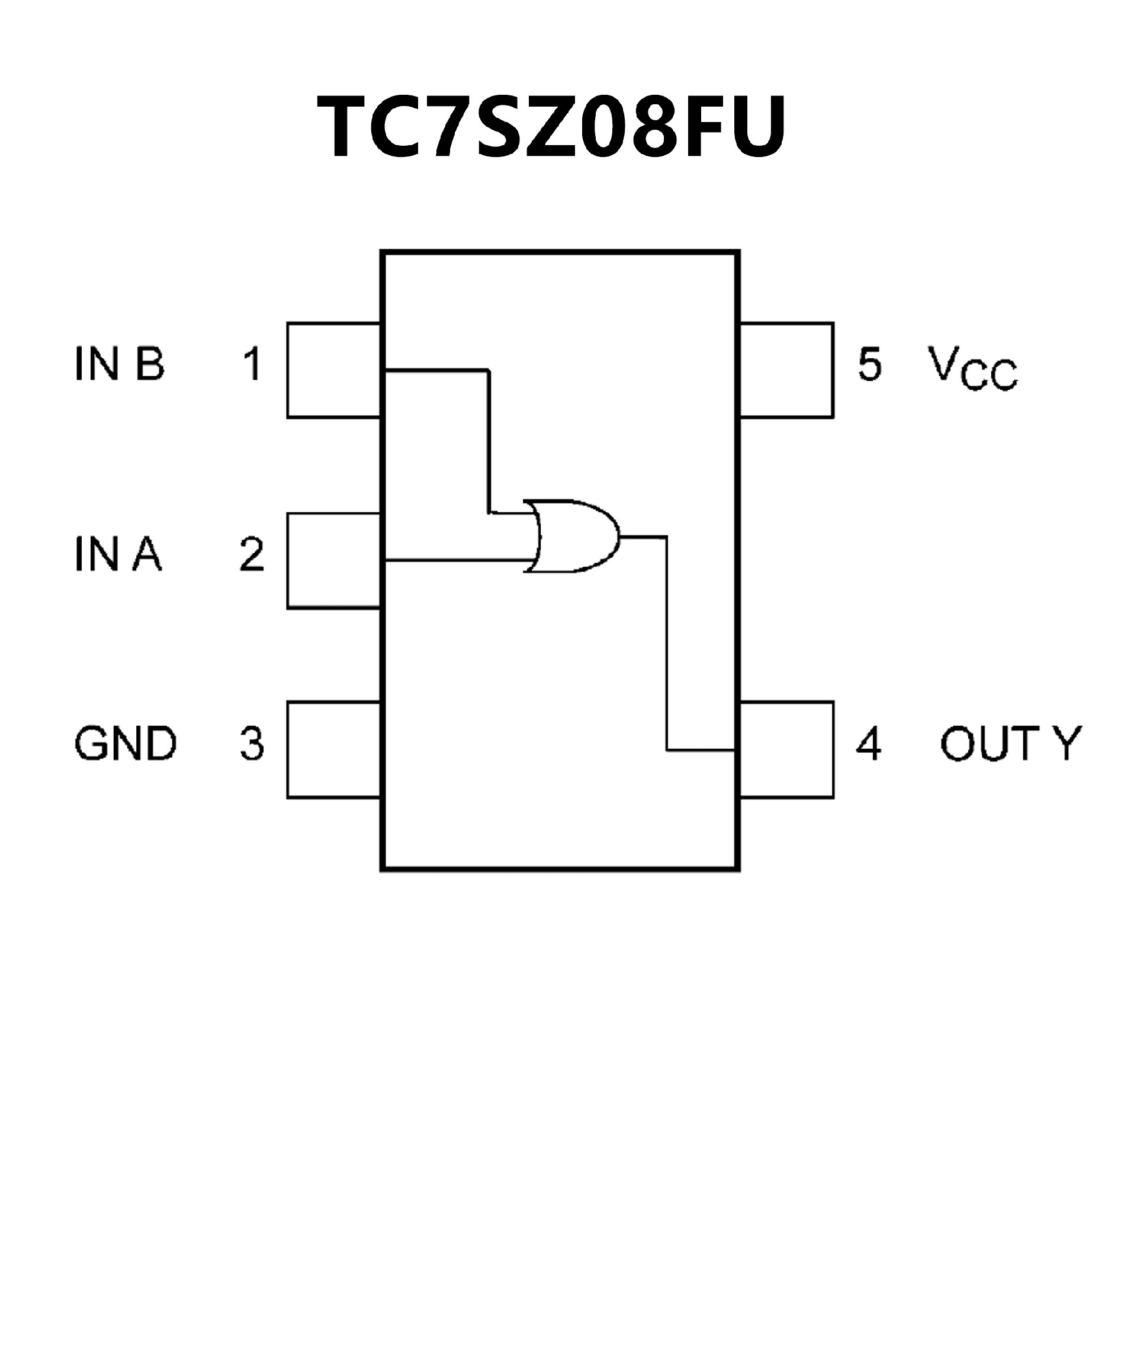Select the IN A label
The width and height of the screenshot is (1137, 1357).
pos(118,554)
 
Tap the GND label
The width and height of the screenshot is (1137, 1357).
pos(126,744)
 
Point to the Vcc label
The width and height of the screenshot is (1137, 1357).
pos(972,368)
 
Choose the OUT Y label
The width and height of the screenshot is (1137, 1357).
pos(1010,744)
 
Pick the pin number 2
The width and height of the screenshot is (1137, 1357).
pos(252,554)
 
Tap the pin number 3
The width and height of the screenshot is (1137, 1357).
pos(252,744)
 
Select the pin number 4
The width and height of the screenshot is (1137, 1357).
pos(869,744)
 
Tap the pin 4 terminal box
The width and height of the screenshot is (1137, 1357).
pos(786,750)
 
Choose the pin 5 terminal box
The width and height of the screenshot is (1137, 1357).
pos(786,370)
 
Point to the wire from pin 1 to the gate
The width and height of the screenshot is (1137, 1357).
pos(489,439)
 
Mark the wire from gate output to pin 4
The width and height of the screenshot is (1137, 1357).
pos(667,646)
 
